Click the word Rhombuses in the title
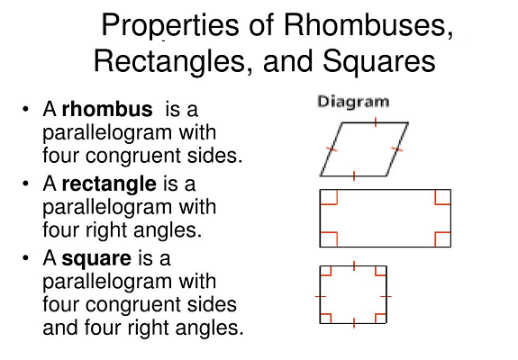pos(368,25)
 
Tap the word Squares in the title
pos(379,61)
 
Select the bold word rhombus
pos(107,109)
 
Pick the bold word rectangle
pos(109,184)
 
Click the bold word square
pos(96,259)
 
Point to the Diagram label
pos(353,102)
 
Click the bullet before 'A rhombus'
pos(25,109)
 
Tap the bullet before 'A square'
pos(25,257)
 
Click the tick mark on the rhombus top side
pos(376,121)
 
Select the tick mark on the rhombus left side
pos(332,149)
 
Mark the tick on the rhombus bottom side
pos(354,175)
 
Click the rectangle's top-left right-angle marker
pos(329,197)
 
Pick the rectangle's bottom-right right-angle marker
pos(442,239)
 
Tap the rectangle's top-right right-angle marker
pos(442,197)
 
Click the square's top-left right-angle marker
pos(326,271)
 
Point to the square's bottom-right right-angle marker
pos(380,318)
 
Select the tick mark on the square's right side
pos(386,297)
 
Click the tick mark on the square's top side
pos(354,266)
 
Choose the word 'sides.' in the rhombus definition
pos(214,156)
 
